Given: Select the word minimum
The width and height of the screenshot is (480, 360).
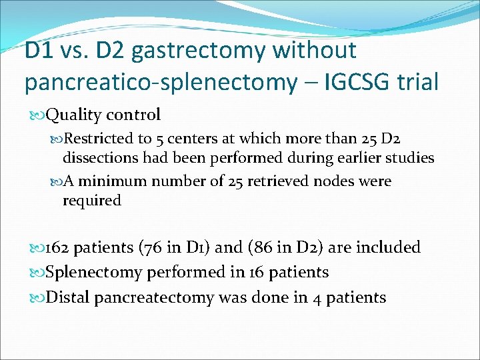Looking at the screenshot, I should coord(113,181).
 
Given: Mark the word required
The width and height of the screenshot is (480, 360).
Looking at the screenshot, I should coord(92,201).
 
